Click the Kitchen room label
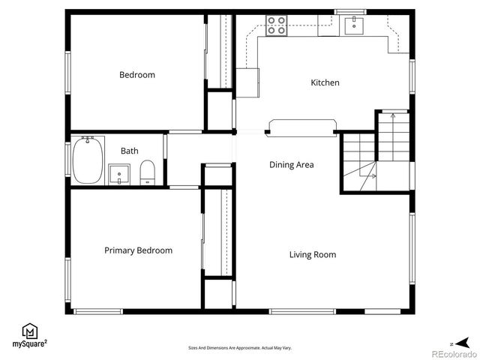325,82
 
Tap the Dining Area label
292,164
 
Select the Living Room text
313,254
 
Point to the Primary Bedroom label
138,250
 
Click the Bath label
129,151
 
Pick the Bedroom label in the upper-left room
137,75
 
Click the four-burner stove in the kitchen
276,26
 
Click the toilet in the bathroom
147,172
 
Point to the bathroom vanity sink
119,175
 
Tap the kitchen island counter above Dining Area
301,127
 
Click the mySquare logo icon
30,331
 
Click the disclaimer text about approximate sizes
240,348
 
